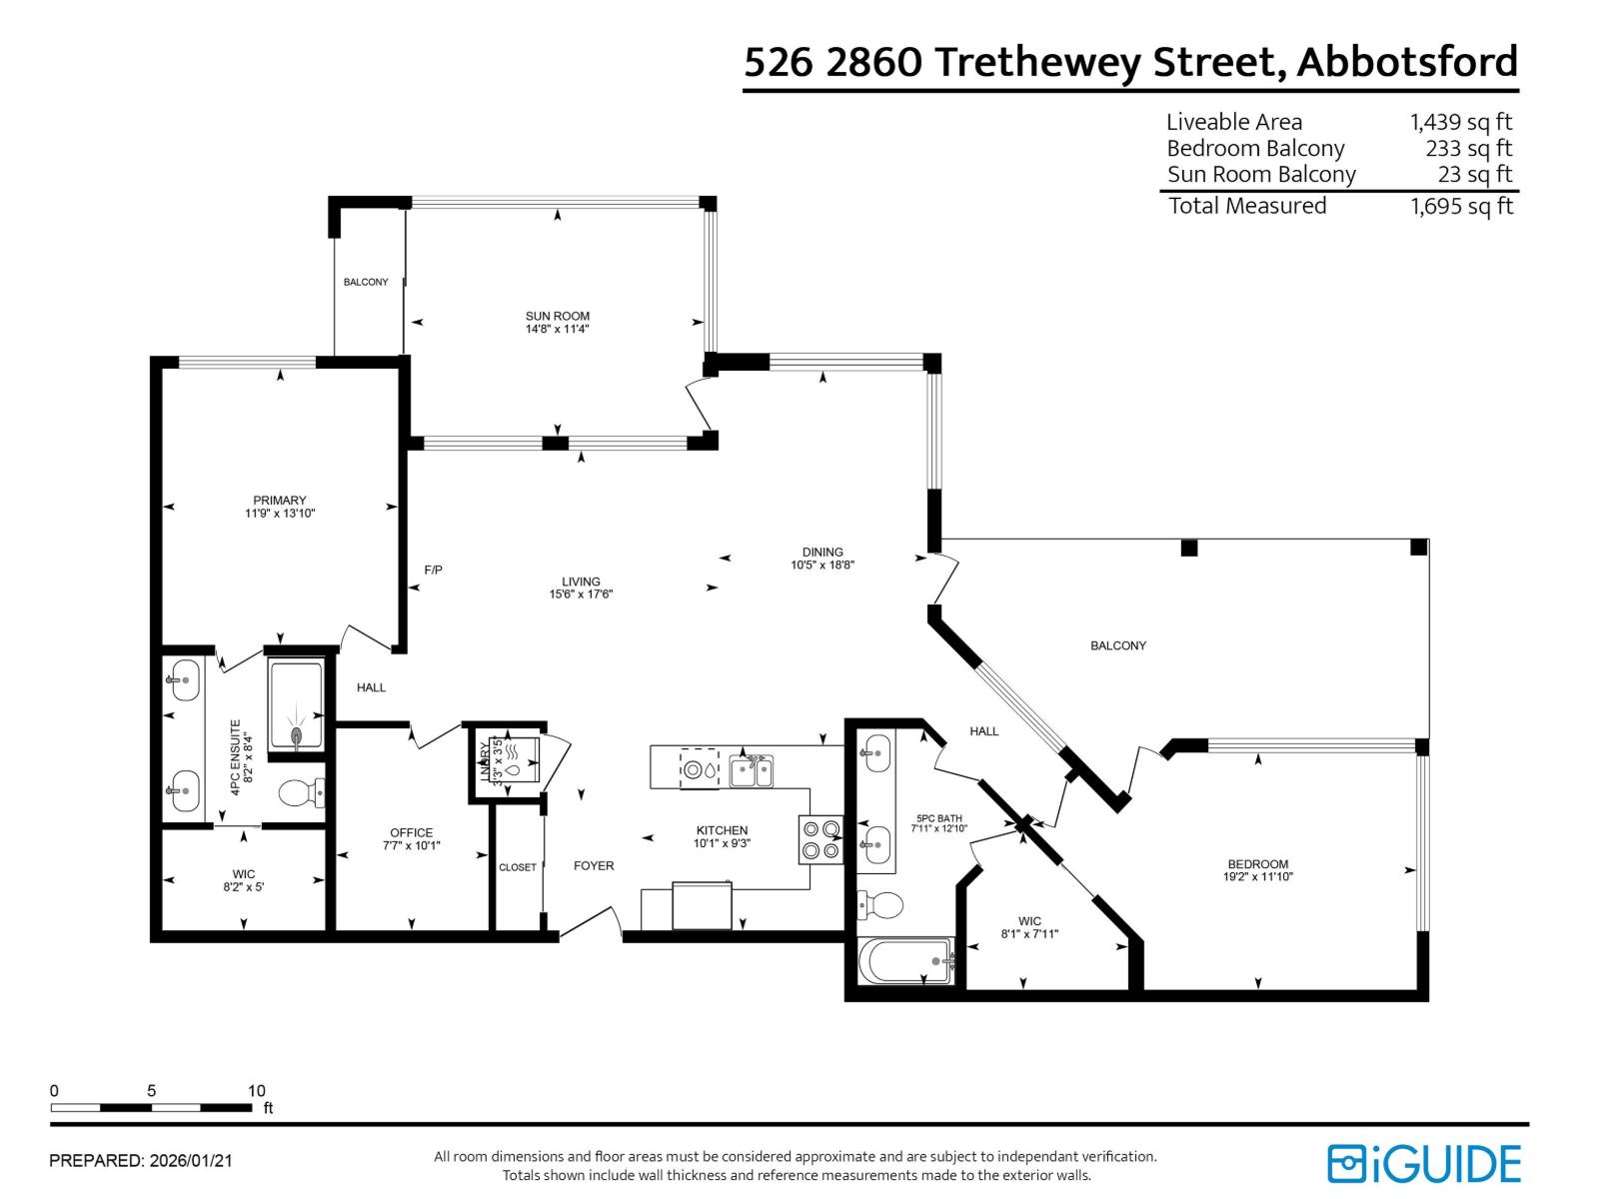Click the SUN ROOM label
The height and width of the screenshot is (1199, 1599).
558,316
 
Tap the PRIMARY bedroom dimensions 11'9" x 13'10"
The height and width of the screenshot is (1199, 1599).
280,514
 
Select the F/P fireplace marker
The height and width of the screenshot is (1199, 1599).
433,570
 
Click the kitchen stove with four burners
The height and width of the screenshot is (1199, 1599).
820,839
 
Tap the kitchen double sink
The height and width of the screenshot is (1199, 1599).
751,770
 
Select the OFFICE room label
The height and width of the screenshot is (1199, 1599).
411,832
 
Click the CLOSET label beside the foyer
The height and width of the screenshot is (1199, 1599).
518,867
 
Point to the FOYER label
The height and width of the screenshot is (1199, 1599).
594,865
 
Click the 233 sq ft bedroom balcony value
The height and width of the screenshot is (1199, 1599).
1468,148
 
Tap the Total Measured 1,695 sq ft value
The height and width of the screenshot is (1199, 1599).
1461,206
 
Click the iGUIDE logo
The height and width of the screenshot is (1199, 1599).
1423,1164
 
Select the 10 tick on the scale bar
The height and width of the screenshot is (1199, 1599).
256,1091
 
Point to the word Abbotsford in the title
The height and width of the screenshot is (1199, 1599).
1407,62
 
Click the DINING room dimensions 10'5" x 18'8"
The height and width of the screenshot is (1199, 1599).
822,565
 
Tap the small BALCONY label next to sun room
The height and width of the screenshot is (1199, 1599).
366,282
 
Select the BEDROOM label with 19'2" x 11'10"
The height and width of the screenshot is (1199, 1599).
1257,864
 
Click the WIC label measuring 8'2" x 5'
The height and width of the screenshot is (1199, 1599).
244,874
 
